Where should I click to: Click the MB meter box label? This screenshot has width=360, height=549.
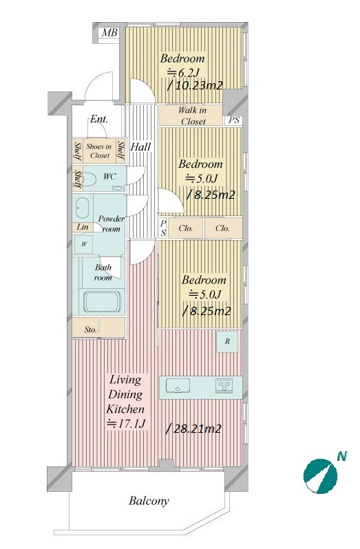pyautogui.click(x=109, y=33)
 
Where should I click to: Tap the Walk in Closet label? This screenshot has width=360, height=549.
pyautogui.click(x=192, y=116)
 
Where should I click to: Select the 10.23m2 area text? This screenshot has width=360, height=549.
pyautogui.click(x=195, y=85)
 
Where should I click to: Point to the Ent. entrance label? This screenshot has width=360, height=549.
pyautogui.click(x=98, y=119)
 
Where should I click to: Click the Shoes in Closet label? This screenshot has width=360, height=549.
pyautogui.click(x=99, y=151)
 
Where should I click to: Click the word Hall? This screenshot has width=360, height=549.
pyautogui.click(x=140, y=147)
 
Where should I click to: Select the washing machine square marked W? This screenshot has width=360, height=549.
pyautogui.click(x=83, y=244)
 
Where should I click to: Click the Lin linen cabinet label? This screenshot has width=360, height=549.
pyautogui.click(x=83, y=227)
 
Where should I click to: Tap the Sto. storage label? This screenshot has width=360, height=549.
pyautogui.click(x=90, y=330)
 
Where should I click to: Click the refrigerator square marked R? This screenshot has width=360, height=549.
pyautogui.click(x=227, y=341)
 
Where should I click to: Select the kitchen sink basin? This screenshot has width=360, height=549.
pyautogui.click(x=178, y=387)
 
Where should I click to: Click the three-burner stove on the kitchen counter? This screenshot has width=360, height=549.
pyautogui.click(x=223, y=386)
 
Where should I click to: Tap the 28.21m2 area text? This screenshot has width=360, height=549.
pyautogui.click(x=193, y=429)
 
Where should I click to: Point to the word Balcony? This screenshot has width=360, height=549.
pyautogui.click(x=149, y=501)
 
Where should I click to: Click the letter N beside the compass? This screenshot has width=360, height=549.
pyautogui.click(x=342, y=456)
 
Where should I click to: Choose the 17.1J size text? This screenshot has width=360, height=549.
pyautogui.click(x=126, y=424)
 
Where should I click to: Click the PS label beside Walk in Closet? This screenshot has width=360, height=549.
pyautogui.click(x=234, y=120)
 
